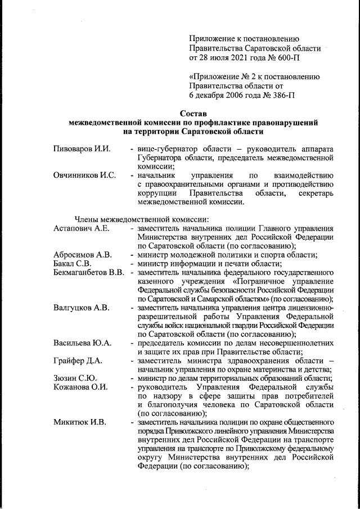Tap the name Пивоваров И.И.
[82, 149]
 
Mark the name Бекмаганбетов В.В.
[89, 273]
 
